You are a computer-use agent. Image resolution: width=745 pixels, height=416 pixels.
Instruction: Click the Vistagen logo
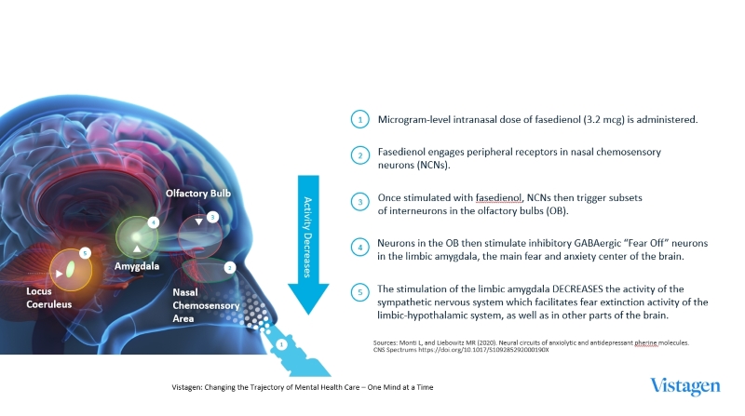tap(684, 386)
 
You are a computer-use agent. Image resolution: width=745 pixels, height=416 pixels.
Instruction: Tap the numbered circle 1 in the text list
tap(360, 120)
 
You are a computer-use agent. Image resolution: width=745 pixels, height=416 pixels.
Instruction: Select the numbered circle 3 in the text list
tap(360, 202)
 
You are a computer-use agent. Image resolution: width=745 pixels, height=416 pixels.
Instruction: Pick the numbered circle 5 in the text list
tap(360, 292)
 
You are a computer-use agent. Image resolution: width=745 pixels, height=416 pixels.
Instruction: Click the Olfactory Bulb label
tap(198, 194)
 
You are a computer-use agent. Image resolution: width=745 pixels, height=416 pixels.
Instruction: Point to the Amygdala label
tap(137, 266)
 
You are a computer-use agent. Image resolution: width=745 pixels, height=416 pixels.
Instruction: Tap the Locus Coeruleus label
tap(49, 298)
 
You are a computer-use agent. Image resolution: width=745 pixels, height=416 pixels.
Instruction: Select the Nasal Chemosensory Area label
tap(206, 305)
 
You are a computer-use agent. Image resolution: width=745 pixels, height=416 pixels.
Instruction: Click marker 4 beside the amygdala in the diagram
tap(153, 222)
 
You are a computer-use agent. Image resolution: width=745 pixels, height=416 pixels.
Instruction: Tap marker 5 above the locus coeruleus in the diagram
tap(85, 253)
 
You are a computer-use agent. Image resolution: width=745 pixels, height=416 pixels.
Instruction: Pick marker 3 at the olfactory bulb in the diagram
tap(213, 218)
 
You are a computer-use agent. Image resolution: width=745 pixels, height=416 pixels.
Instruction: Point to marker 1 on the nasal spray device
tap(282, 344)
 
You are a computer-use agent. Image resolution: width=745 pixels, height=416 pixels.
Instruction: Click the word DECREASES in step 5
tap(577, 289)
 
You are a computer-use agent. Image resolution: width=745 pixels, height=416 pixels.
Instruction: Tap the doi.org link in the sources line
tap(483, 350)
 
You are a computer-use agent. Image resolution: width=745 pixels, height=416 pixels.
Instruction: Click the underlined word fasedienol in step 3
tap(498, 198)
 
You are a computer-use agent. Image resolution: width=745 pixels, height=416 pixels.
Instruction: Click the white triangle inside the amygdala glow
tap(137, 248)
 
